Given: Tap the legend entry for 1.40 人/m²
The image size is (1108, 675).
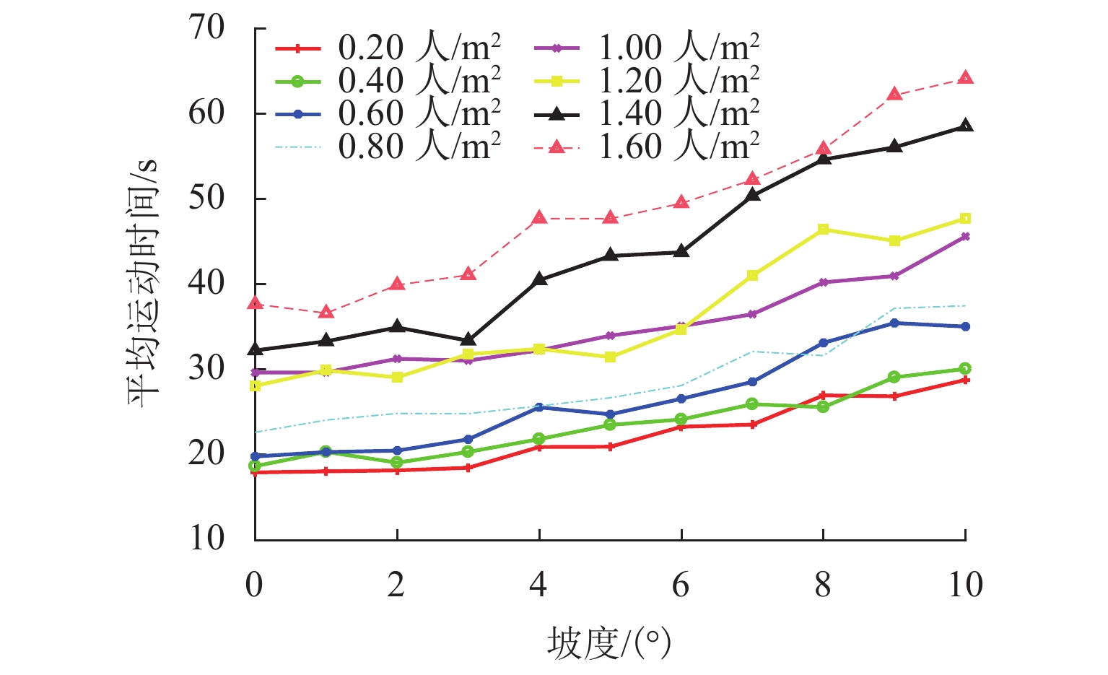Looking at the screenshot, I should [x=647, y=113].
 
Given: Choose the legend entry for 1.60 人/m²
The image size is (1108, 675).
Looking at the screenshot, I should [x=647, y=147].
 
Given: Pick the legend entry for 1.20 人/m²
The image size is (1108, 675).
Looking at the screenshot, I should [x=647, y=81].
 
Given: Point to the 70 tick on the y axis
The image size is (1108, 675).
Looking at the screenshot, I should [x=207, y=29].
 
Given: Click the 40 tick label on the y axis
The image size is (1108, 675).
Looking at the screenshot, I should [x=207, y=284].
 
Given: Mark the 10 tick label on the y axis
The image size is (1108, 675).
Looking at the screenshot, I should [x=207, y=539].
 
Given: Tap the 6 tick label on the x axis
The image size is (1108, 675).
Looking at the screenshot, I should [x=681, y=585].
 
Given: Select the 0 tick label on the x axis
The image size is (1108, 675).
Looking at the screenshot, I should [x=254, y=585].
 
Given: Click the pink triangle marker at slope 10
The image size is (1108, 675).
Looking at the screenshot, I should [x=965, y=77].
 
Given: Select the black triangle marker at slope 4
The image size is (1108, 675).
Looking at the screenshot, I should [x=539, y=279].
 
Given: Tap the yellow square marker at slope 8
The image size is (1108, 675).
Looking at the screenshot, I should [x=823, y=230].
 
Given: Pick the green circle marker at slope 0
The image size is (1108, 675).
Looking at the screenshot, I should [x=255, y=466].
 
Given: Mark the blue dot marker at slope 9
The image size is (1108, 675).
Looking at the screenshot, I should [x=894, y=323].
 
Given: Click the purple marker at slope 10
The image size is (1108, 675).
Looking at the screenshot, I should [x=965, y=237].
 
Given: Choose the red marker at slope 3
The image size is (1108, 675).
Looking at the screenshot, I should [x=468, y=468].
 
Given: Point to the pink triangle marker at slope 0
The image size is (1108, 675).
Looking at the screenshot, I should [x=255, y=303].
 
